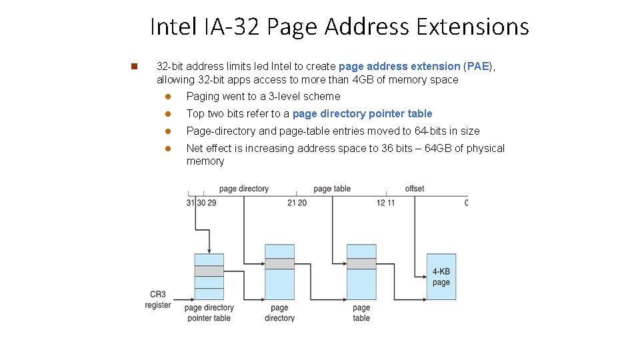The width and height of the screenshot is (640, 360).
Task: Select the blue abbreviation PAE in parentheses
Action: (478, 67)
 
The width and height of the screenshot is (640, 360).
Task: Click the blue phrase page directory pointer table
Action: (362, 114)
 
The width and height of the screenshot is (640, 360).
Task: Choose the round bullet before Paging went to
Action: (169, 97)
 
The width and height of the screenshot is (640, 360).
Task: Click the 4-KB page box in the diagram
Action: (441, 277)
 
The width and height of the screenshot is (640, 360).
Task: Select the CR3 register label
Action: (158, 299)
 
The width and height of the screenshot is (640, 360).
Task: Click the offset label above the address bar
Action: (415, 189)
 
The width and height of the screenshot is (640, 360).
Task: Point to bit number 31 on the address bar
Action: (190, 203)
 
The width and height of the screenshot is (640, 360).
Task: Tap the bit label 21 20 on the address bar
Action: (297, 203)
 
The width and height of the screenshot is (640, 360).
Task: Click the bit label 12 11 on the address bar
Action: (385, 203)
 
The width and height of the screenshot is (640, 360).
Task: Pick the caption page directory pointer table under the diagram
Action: (209, 313)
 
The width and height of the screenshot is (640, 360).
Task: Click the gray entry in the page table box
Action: (361, 264)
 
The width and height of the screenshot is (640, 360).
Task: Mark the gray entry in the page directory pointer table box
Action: (209, 271)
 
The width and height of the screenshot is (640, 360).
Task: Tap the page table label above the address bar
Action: (332, 189)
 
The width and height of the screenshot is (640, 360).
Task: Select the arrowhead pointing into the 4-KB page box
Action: (423, 277)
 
